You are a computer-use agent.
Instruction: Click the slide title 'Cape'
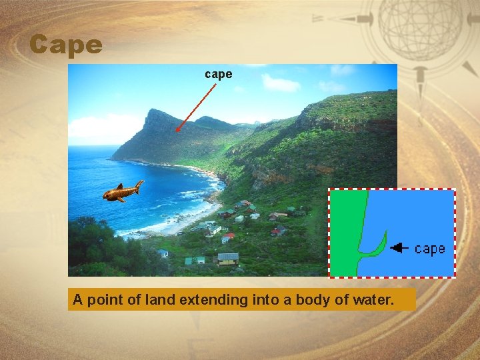[x=66, y=45]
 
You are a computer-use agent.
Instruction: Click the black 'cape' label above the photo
[x=219, y=74]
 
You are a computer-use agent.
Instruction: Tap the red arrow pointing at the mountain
[x=196, y=105]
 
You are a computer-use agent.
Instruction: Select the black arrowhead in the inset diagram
[x=399, y=248]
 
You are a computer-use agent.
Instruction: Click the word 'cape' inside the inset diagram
[x=429, y=249]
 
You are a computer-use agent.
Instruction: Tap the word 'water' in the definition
[x=376, y=300]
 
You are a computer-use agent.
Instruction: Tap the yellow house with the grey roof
[x=228, y=259]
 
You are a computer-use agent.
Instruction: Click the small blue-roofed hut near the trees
[x=163, y=253]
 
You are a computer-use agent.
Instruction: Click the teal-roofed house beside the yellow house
[x=195, y=260]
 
